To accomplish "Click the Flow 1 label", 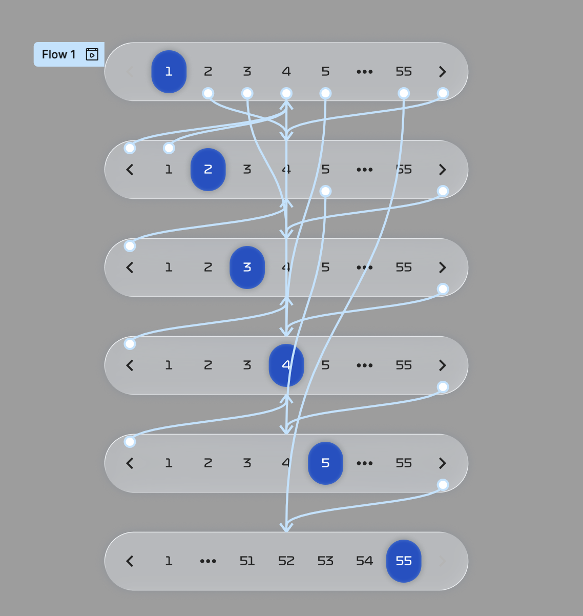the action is pyautogui.click(x=58, y=54).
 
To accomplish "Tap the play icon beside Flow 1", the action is pyautogui.click(x=92, y=54).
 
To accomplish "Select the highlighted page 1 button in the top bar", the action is pyautogui.click(x=169, y=72).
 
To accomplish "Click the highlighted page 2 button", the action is pyautogui.click(x=208, y=170).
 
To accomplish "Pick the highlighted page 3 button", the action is pyautogui.click(x=247, y=268).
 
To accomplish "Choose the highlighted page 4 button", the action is pyautogui.click(x=286, y=365).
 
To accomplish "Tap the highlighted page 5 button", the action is pyautogui.click(x=325, y=463).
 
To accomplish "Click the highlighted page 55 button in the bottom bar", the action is pyautogui.click(x=404, y=561).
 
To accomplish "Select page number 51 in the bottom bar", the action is pyautogui.click(x=247, y=561).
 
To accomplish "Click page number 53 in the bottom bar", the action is pyautogui.click(x=325, y=561).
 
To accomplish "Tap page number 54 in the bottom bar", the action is pyautogui.click(x=364, y=561).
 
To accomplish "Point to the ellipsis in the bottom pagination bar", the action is pyautogui.click(x=208, y=561).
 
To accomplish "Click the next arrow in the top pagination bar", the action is pyautogui.click(x=443, y=72).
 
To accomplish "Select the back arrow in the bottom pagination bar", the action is pyautogui.click(x=130, y=561).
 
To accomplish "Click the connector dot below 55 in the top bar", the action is pyautogui.click(x=404, y=93).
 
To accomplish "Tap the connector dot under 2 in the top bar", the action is pyautogui.click(x=208, y=93).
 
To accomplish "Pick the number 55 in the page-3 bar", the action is pyautogui.click(x=404, y=268).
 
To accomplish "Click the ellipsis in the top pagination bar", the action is pyautogui.click(x=364, y=72).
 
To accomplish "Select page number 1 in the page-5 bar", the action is pyautogui.click(x=169, y=463).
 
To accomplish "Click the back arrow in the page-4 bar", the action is pyautogui.click(x=130, y=365).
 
